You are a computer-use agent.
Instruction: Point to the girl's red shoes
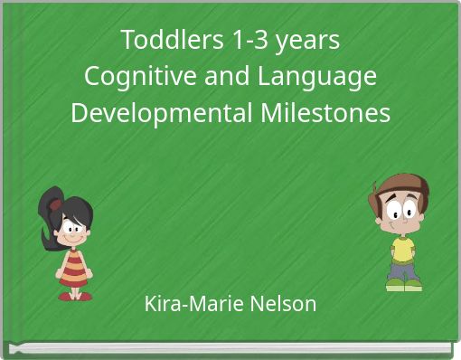[75, 295]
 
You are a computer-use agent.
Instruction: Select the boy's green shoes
[403, 286]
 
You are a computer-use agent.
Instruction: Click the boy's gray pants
[403, 269]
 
